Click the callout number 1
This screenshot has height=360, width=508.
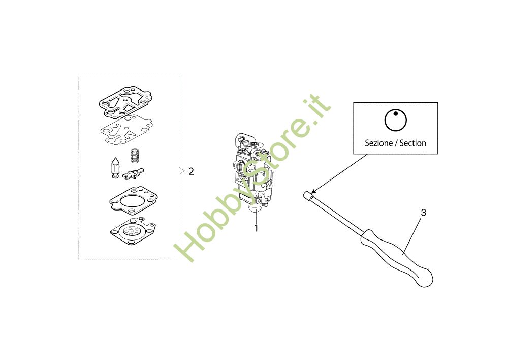(x=256, y=228)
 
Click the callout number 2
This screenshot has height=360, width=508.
(x=191, y=171)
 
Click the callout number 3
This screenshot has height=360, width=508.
(x=424, y=213)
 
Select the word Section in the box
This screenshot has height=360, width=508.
(x=412, y=143)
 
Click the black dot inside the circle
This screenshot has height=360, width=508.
(x=396, y=113)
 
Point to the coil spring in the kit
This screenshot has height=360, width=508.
(x=135, y=156)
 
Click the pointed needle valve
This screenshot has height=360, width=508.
(x=115, y=168)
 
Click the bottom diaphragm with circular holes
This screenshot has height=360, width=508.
(x=133, y=231)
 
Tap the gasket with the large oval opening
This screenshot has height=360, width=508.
(x=134, y=201)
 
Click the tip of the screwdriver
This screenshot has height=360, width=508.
(x=305, y=194)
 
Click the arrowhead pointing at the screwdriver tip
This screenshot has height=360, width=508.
(x=313, y=192)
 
